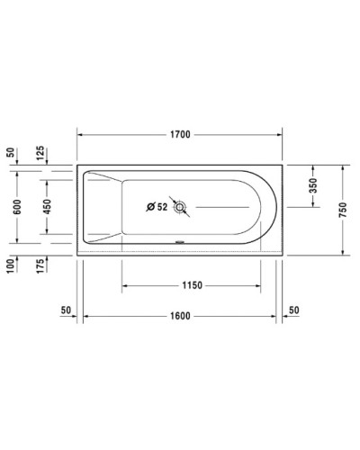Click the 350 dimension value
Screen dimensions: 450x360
[314, 186]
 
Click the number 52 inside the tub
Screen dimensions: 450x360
[162, 208]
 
